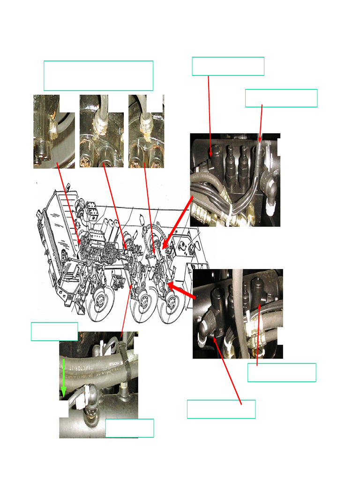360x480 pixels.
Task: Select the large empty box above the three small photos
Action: click(x=98, y=75)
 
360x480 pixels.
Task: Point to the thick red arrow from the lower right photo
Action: click(x=182, y=290)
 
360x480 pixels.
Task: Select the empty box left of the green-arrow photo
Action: click(x=54, y=331)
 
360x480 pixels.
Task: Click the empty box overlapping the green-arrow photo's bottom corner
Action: click(x=129, y=428)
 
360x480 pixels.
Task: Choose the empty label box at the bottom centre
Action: click(x=221, y=409)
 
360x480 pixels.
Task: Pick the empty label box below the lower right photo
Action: click(x=281, y=372)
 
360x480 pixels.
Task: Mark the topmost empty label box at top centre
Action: click(x=228, y=66)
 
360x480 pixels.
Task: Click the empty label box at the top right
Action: click(x=281, y=98)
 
